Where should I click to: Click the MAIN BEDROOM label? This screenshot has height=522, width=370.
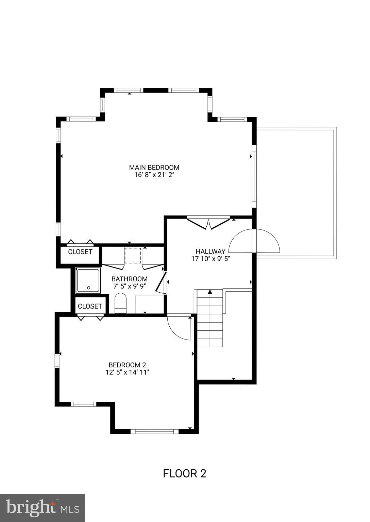click(154, 167)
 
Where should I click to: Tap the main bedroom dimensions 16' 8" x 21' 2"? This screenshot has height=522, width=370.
click(154, 175)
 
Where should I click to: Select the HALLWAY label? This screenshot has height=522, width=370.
click(210, 251)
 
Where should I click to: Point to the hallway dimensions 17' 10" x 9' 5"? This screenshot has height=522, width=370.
click(210, 259)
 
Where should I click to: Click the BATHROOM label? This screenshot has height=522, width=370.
click(129, 279)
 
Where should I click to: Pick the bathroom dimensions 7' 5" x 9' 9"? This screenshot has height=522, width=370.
click(129, 286)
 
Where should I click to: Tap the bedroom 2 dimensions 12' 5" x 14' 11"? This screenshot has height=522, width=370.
click(127, 372)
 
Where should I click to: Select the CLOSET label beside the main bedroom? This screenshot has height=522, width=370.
click(80, 252)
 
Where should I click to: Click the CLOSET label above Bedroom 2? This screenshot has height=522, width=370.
click(90, 306)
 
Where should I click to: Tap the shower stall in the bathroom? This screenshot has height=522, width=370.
click(88, 280)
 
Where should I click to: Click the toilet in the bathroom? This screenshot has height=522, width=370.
click(120, 303)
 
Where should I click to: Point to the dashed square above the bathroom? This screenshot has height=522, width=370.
click(133, 255)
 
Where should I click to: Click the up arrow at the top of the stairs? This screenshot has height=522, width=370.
click(210, 292)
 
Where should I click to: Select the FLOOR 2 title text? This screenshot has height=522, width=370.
click(185, 473)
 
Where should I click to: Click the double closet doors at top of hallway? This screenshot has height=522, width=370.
click(208, 223)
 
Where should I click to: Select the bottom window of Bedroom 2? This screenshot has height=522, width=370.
click(154, 431)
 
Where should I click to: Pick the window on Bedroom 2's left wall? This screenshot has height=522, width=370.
click(57, 360)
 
